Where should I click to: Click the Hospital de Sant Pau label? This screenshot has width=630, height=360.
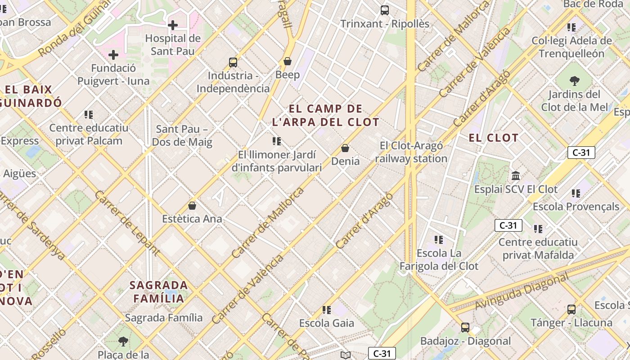point(173,45)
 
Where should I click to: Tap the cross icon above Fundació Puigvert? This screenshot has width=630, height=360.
point(113,55)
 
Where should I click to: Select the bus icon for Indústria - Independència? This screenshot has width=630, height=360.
point(233,63)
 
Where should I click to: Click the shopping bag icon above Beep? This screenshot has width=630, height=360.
point(288,61)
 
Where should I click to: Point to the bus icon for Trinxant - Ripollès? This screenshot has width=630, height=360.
point(385,10)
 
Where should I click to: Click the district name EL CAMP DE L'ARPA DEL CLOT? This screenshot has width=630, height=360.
point(326,115)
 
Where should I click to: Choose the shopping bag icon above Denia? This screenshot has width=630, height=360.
point(345,148)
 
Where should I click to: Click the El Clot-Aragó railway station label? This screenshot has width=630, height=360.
point(411,152)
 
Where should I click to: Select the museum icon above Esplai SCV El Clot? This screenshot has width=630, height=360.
point(516,175)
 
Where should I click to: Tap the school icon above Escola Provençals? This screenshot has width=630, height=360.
point(576,193)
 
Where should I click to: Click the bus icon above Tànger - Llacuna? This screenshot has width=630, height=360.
point(571,310)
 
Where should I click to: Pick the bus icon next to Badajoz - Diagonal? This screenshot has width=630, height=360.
point(465,328)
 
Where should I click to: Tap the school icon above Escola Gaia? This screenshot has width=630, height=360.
point(327,310)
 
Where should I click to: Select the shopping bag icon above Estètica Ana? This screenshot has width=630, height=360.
point(192,206)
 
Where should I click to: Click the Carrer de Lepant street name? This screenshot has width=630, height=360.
point(127,223)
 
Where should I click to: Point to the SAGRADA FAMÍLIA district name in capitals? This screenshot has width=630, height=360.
point(159,292)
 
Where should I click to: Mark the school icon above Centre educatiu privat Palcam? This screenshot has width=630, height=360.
point(89,115)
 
